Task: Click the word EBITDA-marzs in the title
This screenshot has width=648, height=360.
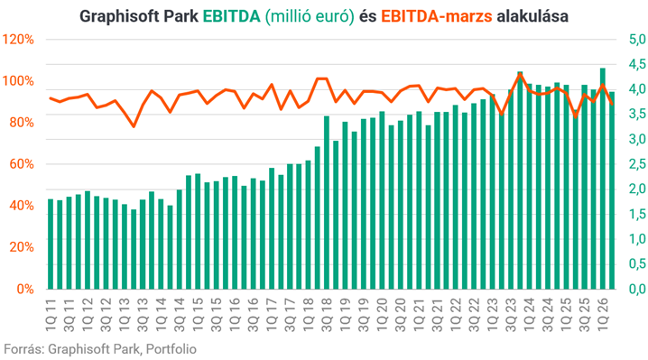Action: [x=437, y=16]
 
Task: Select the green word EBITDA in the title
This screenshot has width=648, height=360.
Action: [x=231, y=16]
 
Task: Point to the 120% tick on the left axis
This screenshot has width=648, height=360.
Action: [x=18, y=40]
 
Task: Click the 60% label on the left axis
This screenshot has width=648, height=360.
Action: [x=22, y=164]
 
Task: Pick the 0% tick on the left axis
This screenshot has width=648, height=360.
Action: [x=24, y=289]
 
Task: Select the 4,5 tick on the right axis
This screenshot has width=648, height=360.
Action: [x=637, y=64]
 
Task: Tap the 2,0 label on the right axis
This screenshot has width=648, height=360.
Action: [x=637, y=189]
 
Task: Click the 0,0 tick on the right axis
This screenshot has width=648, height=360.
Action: [x=637, y=289]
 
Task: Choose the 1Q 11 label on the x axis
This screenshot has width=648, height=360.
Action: [x=51, y=315]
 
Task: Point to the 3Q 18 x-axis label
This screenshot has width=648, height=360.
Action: [x=328, y=315]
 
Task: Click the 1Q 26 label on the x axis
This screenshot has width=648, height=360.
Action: [x=603, y=315]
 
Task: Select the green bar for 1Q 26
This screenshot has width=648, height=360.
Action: [x=603, y=179]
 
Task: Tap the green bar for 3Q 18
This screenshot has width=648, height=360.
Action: [x=327, y=202]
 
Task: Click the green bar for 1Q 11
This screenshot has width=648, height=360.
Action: [x=51, y=244]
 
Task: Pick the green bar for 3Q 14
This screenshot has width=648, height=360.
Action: [x=180, y=239]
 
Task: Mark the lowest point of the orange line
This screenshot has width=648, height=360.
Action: [x=134, y=126]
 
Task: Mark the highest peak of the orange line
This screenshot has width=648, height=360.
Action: [x=520, y=73]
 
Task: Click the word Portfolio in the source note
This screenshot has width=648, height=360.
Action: [x=171, y=349]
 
